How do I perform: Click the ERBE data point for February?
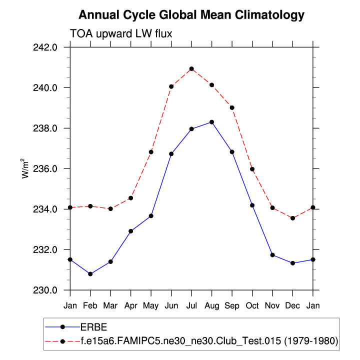tap(90, 274)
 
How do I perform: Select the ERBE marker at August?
tap(211, 122)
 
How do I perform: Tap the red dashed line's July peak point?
tap(191, 69)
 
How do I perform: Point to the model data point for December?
tap(292, 218)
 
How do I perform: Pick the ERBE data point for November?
tap(272, 255)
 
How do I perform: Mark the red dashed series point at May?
tap(151, 152)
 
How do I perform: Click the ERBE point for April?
tap(131, 231)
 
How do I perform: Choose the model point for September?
tap(232, 107)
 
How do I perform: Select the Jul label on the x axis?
tap(191, 305)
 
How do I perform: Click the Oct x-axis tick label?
tap(252, 305)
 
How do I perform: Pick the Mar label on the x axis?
tap(110, 305)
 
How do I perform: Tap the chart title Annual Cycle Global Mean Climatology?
tap(191, 15)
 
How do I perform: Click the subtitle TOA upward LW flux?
tap(121, 33)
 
